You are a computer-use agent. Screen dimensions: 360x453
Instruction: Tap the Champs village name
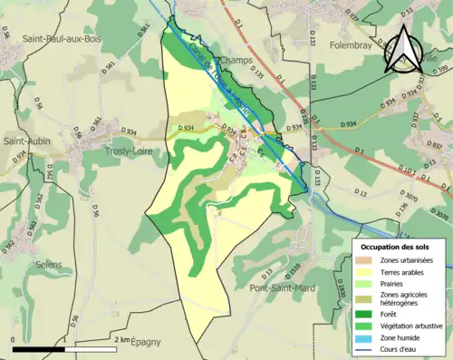235,60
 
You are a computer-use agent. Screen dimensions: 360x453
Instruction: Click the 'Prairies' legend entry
394,282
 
